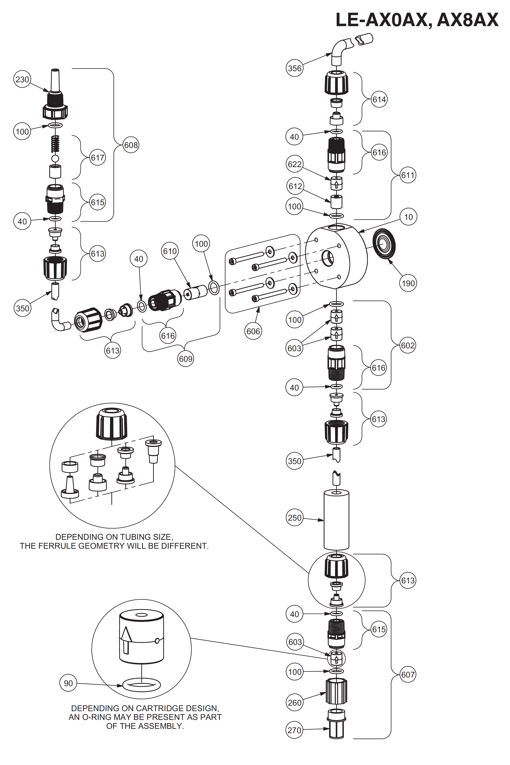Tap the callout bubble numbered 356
point(295,68)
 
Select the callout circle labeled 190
point(408,283)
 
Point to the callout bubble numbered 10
point(408,217)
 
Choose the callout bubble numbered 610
point(170,251)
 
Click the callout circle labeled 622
point(295,164)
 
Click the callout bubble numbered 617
point(98,158)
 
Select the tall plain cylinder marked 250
point(336,520)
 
